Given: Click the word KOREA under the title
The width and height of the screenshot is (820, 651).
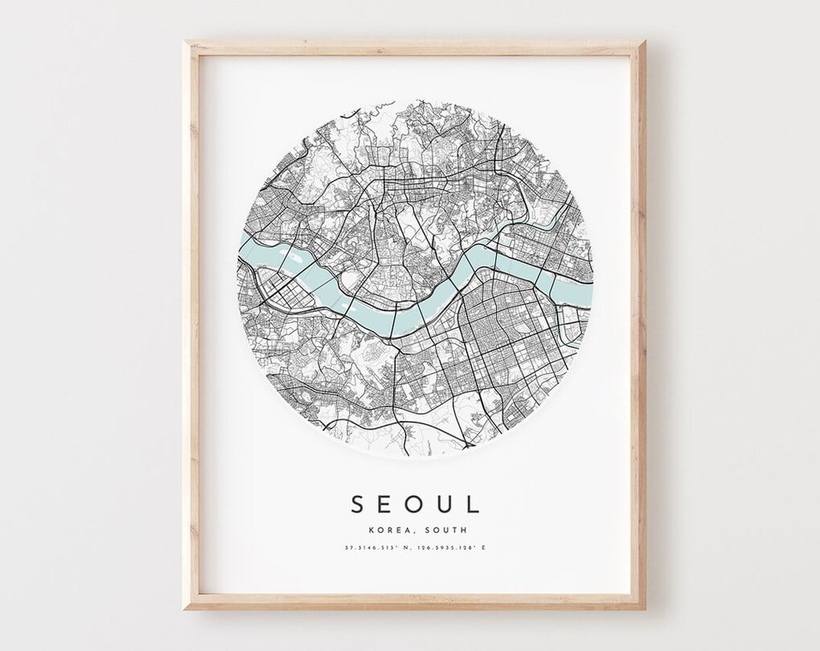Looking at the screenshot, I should click(387, 530).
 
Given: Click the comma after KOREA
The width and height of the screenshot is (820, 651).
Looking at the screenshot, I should click(412, 532).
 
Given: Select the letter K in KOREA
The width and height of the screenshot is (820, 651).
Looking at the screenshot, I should click(370, 530).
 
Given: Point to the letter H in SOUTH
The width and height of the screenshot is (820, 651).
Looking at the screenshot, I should click(463, 530).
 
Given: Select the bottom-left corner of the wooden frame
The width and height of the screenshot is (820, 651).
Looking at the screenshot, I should click(185, 608).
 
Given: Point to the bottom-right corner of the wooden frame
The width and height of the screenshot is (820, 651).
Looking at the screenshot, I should click(644, 608).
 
